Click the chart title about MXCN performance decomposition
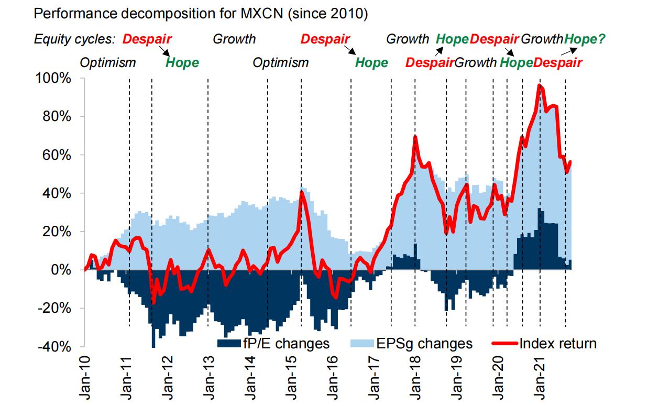point(201,14)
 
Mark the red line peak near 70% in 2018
point(415,137)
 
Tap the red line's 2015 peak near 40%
point(301,192)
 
